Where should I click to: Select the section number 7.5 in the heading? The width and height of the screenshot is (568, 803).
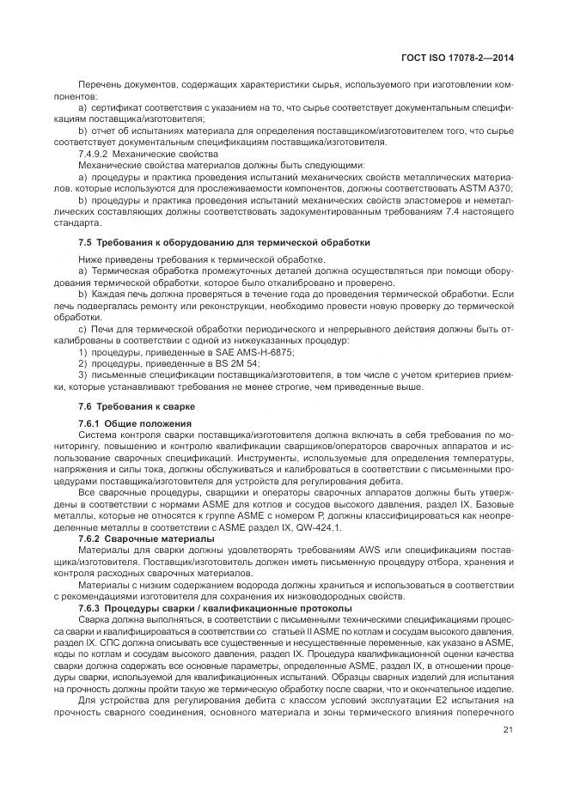(x=84, y=241)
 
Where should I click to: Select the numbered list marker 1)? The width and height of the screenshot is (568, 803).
(x=82, y=352)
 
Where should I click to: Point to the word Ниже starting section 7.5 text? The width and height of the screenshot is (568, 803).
(x=91, y=259)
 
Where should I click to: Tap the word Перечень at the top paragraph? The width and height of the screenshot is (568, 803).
(x=99, y=86)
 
